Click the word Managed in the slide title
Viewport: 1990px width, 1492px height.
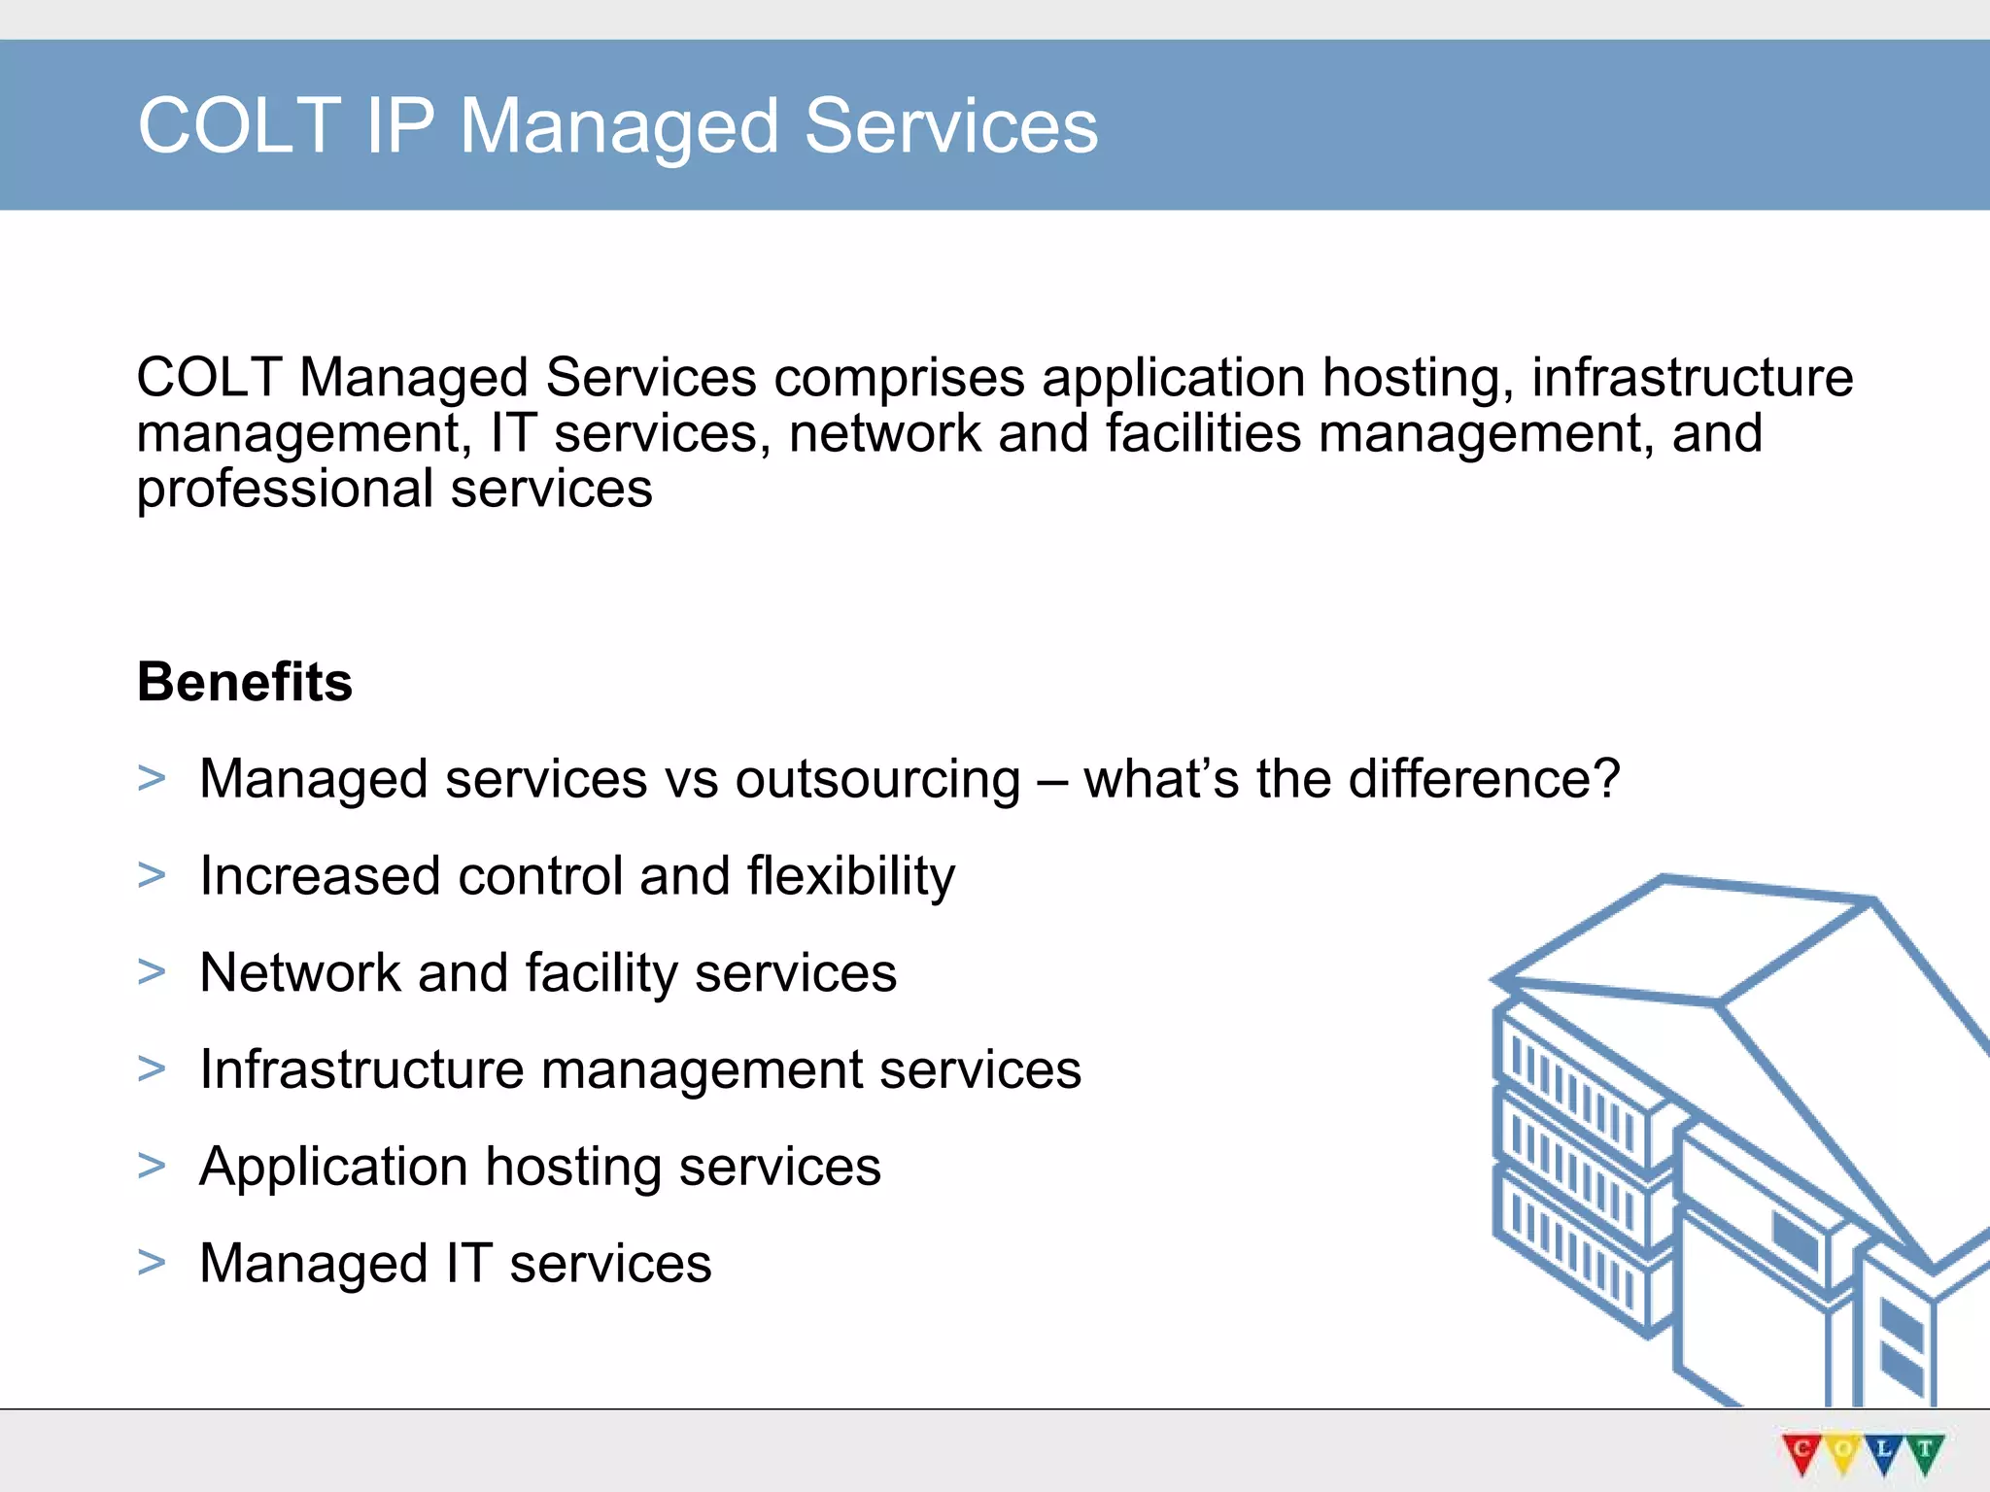tap(619, 127)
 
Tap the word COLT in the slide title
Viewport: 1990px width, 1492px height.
tap(239, 126)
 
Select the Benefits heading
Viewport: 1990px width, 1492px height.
tap(245, 682)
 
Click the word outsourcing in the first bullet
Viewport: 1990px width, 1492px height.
tap(877, 780)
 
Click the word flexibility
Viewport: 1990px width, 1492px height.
tap(850, 877)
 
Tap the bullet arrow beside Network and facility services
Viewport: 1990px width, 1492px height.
tap(152, 972)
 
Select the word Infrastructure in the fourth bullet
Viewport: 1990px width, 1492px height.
tap(361, 1069)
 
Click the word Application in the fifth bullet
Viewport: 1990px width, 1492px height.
tap(333, 1168)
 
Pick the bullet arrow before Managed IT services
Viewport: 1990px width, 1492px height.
tap(152, 1263)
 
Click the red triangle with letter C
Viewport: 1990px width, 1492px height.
tap(1802, 1452)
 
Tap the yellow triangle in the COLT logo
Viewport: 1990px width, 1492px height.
tap(1843, 1452)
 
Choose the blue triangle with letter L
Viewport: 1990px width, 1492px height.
tap(1884, 1452)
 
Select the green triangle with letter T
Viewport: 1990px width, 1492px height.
tap(1925, 1452)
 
